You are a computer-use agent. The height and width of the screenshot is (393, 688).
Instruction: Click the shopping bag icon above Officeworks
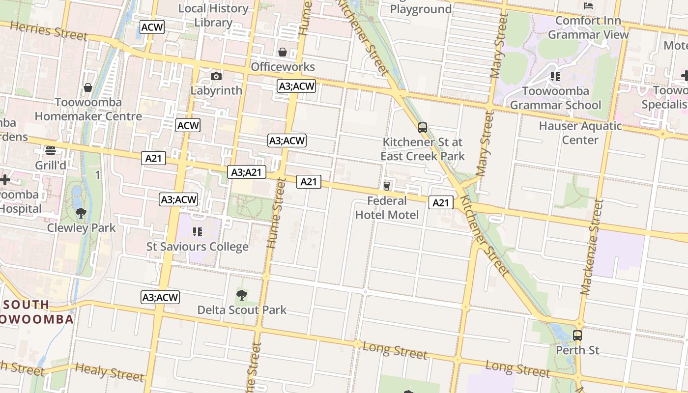point(283,52)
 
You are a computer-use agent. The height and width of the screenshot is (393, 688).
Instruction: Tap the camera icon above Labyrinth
point(216,76)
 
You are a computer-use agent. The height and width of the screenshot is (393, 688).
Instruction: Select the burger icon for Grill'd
point(51,151)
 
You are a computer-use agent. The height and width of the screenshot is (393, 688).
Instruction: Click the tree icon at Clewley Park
point(81,213)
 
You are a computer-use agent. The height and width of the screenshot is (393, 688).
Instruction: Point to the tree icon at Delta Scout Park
point(241,295)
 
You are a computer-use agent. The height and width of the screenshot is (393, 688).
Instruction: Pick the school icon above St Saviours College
point(198,232)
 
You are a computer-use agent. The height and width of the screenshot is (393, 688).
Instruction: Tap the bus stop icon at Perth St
point(577,336)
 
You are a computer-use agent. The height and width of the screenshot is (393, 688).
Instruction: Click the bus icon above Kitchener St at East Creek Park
point(423,128)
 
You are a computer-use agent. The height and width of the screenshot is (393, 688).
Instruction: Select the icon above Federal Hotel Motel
point(387,186)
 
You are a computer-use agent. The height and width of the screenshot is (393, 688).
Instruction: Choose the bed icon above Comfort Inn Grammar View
point(588,6)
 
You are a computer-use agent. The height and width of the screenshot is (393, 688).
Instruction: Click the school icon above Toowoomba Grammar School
point(555,77)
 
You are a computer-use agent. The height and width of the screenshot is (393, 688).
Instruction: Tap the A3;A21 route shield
point(247,172)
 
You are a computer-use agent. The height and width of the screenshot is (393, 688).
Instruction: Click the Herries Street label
point(49,30)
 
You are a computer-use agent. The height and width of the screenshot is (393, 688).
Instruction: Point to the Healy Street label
point(110,372)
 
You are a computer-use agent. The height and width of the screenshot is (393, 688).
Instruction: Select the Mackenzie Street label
point(591,247)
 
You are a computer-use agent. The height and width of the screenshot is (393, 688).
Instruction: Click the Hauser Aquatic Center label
point(580,133)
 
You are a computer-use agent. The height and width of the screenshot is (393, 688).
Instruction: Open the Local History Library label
point(213,15)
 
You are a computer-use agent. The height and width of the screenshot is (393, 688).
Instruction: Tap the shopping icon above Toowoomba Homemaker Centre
point(88,88)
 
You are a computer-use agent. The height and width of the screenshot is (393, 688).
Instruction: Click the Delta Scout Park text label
point(242,310)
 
